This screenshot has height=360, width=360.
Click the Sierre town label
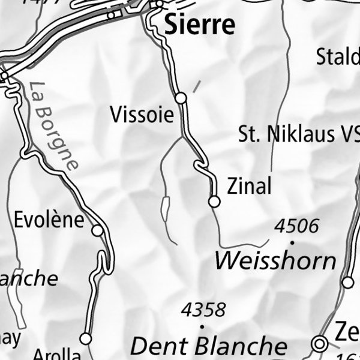[x=199, y=25]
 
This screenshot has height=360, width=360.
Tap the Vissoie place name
[x=142, y=115]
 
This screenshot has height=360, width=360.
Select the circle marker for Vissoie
[x=181, y=98]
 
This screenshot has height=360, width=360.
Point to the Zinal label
[x=249, y=187]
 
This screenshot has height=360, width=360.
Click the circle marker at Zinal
[x=214, y=202]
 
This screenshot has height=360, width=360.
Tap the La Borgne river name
[x=53, y=126]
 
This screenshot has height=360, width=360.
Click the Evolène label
[x=49, y=219]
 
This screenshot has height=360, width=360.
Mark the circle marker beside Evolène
[x=97, y=230]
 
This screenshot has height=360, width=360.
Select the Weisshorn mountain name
[x=275, y=261]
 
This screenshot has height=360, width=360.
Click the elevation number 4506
[x=296, y=226]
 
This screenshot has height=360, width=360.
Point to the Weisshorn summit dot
[x=292, y=242]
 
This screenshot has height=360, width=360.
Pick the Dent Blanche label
[x=209, y=346]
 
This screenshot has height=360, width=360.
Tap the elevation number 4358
[x=204, y=310]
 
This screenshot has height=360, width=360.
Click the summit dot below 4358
[x=202, y=326]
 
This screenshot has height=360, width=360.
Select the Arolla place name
[x=56, y=354]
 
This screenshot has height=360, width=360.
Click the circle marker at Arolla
[x=86, y=339]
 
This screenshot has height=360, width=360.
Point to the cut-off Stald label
[x=338, y=58]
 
